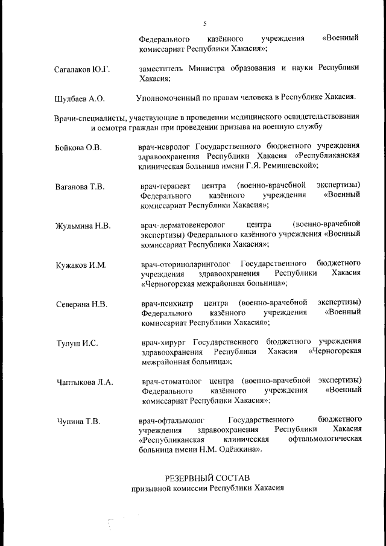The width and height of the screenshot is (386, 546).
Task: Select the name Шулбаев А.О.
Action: [x=80, y=98]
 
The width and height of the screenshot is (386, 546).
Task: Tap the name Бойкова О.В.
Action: [x=78, y=147]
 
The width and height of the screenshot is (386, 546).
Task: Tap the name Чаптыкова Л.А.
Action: [x=84, y=383]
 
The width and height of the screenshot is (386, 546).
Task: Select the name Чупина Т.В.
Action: [x=78, y=421]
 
